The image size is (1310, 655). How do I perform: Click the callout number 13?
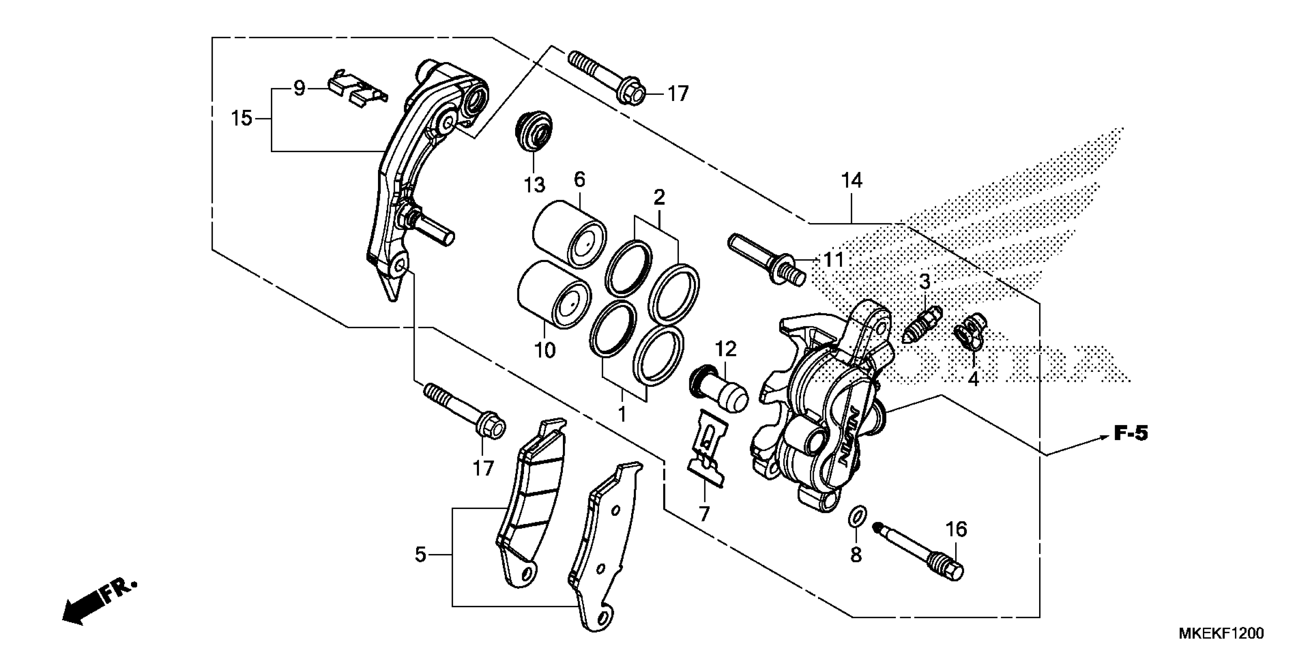click(x=534, y=185)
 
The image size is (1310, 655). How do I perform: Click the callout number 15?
click(x=242, y=119)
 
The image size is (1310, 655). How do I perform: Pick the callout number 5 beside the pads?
click(x=420, y=554)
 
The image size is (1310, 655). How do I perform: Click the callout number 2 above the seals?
click(x=659, y=197)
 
